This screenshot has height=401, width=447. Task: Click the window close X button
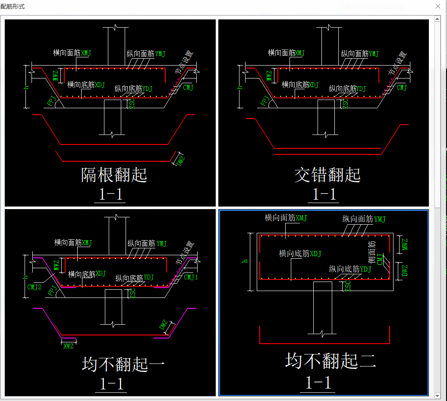(x=438, y=7)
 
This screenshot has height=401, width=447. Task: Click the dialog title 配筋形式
(x=13, y=7)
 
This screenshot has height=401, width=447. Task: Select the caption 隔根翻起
(x=114, y=175)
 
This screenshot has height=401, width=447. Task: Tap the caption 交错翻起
(x=327, y=175)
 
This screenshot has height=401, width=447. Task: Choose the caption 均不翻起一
(x=123, y=364)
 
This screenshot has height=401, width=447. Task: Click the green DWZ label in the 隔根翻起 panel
(x=181, y=160)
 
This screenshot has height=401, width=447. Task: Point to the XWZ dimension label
(x=68, y=346)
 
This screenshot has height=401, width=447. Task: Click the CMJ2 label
(x=34, y=287)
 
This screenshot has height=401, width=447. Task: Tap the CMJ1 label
(x=191, y=277)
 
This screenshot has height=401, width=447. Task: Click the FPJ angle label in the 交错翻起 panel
(x=265, y=100)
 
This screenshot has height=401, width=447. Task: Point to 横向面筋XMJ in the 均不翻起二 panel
(x=286, y=218)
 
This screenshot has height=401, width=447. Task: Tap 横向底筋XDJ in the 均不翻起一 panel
(x=87, y=274)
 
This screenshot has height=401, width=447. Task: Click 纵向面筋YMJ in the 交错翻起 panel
(x=360, y=53)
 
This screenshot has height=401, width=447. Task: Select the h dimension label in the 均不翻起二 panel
(x=246, y=261)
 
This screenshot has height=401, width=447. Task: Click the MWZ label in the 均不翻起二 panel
(x=404, y=244)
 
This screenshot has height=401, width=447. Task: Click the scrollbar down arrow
(x=438, y=395)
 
